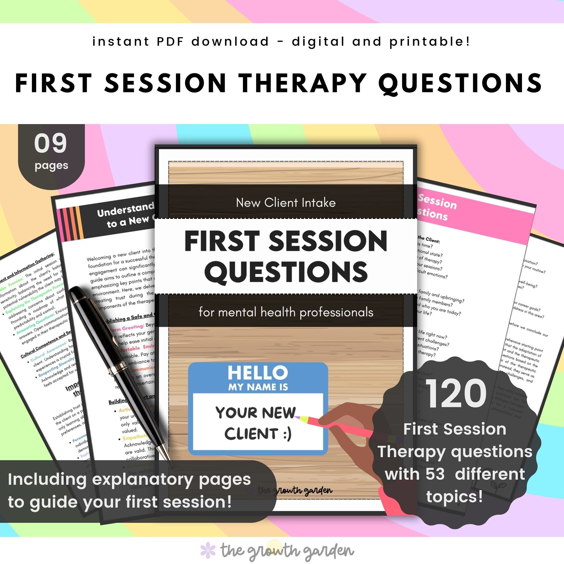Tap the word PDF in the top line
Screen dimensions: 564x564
click(x=170, y=41)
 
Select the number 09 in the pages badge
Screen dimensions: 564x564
click(x=50, y=143)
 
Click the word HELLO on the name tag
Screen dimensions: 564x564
click(x=257, y=373)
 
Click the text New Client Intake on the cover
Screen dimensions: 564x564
click(x=285, y=202)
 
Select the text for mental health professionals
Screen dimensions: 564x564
click(x=286, y=312)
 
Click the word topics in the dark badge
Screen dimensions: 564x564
click(x=454, y=497)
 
